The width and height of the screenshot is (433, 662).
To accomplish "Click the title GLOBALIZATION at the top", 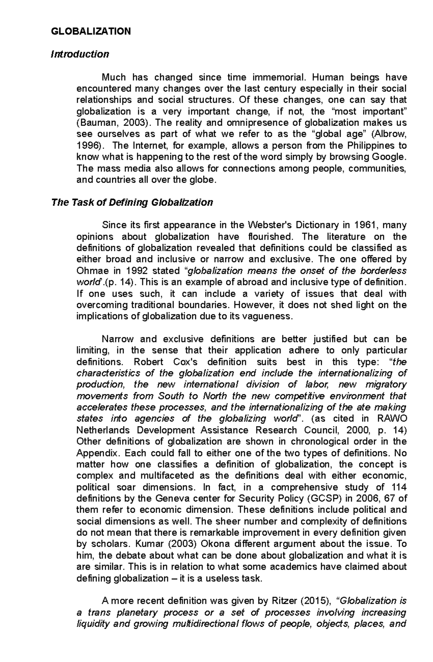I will pos(91,31).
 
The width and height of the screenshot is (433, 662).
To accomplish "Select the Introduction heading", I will pos(80,54).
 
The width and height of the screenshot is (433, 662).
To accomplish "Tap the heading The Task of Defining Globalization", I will pos(132,202).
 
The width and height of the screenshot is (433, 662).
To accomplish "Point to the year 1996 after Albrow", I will pos(88,145).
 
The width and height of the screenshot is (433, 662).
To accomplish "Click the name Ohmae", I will pos(91,271).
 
